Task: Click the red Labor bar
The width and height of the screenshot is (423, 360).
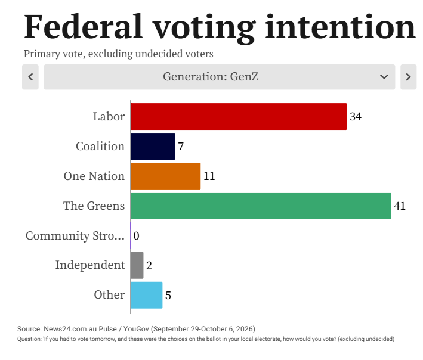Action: click(x=239, y=116)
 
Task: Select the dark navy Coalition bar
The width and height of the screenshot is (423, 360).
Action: click(x=153, y=146)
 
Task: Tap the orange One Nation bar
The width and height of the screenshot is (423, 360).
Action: click(x=165, y=176)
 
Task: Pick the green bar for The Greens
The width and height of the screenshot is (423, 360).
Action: click(x=261, y=206)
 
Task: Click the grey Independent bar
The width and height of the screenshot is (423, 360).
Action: click(x=137, y=265)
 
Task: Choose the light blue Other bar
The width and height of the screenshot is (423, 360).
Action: click(x=147, y=295)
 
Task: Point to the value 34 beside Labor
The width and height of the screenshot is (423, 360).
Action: click(x=356, y=117)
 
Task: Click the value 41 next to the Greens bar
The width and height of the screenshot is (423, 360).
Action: click(x=400, y=206)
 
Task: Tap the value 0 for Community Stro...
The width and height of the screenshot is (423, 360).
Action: click(x=136, y=236)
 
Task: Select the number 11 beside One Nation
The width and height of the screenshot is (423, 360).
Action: click(x=209, y=176)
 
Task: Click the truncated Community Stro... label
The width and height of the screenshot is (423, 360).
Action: click(x=75, y=236)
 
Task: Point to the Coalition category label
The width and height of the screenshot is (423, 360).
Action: click(x=100, y=146)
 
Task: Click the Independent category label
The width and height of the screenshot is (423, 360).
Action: click(x=90, y=265)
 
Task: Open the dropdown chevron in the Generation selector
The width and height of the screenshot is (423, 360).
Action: click(x=384, y=77)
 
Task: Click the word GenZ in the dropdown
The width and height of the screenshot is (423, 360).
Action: click(x=245, y=76)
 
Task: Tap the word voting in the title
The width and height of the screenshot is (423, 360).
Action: click(x=204, y=27)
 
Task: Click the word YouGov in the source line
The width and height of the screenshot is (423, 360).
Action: click(x=136, y=329)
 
